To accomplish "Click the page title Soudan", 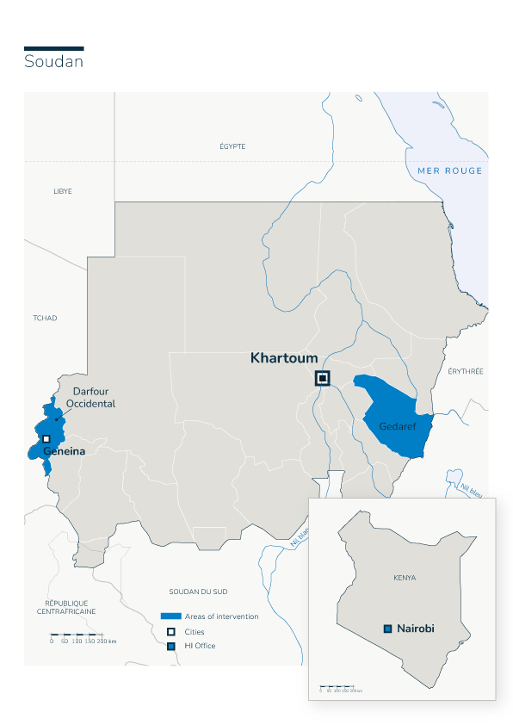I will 53,62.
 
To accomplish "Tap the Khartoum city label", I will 283,357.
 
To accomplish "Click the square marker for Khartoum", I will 323,378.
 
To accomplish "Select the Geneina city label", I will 65,449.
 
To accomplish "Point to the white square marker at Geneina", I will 46,438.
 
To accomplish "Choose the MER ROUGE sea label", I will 450,170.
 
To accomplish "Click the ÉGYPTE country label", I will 232,146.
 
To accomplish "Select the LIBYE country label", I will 63,191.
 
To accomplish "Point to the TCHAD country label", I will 45,318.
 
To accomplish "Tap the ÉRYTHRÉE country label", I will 466,371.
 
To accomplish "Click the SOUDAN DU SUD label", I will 197,592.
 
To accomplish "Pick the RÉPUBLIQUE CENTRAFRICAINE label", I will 66,607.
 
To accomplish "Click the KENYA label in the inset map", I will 404,578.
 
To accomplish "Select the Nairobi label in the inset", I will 416,629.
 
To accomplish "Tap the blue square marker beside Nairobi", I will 388,629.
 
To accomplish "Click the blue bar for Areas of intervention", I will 171,617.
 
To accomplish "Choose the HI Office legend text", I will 200,646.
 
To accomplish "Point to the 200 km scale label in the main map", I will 106,641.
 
